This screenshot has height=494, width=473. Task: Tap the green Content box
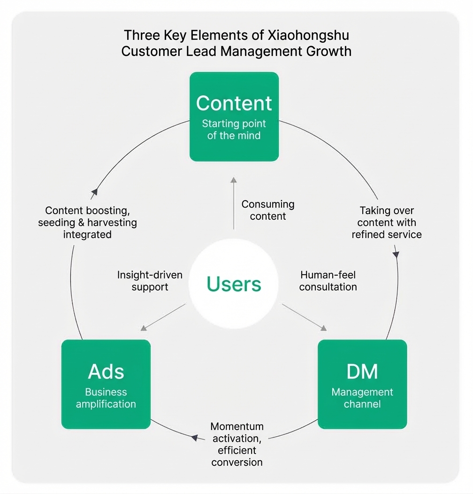coord(234,116)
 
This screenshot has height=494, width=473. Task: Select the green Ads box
coord(106,384)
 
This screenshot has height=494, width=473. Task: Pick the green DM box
coord(362,384)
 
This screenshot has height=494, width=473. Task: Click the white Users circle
coord(234,285)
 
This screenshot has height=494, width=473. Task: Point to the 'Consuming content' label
coord(268,210)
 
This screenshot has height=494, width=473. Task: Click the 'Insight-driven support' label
coord(150,281)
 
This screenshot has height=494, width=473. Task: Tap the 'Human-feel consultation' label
coord(328,281)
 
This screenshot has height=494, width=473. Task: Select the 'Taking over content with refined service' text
coord(387,223)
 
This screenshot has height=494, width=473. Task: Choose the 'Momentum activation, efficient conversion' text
coord(237,444)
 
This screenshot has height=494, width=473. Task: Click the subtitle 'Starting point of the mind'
coord(234,130)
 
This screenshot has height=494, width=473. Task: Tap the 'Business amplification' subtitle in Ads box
coord(106,398)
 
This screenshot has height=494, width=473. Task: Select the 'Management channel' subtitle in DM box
coord(362,398)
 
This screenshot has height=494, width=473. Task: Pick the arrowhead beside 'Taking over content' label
coord(396,254)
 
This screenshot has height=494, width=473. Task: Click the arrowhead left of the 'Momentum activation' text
coord(194,438)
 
